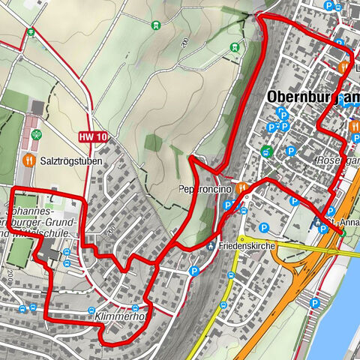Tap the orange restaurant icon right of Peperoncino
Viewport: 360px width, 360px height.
[x=241, y=189]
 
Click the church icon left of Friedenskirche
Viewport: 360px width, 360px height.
[x=211, y=246]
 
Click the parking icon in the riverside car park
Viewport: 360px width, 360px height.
[x=316, y=304]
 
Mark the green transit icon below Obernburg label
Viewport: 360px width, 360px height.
[x=266, y=151]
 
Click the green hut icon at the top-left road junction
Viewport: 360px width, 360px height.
[x=30, y=32]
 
